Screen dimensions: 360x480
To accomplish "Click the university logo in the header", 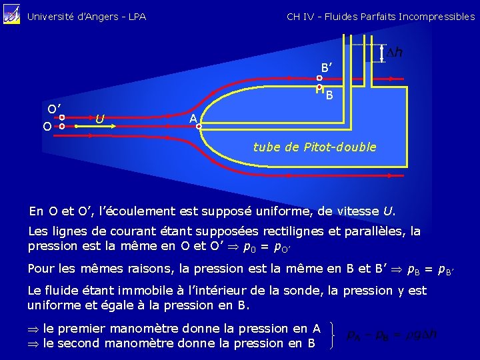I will (12, 15).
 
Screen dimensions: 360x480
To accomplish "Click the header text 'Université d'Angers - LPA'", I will (87, 17).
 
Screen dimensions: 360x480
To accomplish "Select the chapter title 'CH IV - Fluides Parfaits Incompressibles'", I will (381, 17).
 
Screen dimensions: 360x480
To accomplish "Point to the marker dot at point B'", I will (319, 79).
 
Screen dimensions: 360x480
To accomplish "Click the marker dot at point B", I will (319, 87).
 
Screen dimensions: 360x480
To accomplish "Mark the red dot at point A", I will (199, 125).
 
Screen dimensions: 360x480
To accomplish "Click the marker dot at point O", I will (61, 125).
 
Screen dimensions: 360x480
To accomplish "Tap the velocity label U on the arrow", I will (99, 119).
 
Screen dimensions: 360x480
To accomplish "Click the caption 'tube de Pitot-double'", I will (315, 147).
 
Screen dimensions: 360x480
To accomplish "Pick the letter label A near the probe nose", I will (193, 118).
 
